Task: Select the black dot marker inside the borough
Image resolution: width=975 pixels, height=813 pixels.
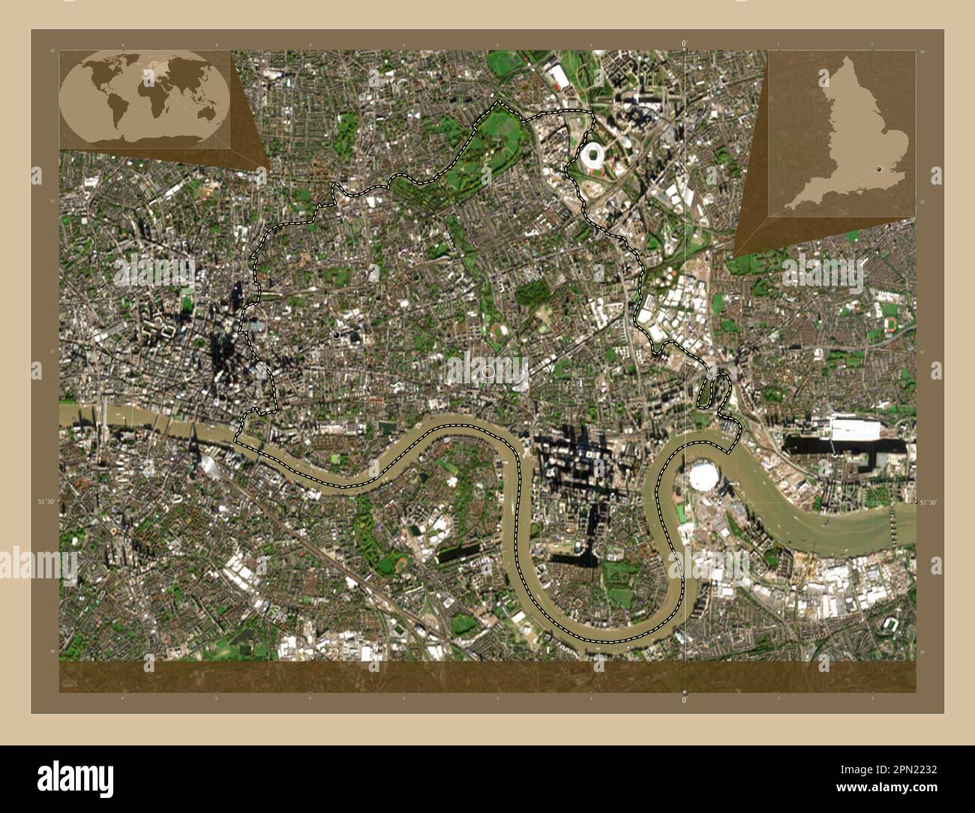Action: click(337, 334)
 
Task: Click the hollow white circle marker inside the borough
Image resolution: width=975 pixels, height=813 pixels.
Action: click(489, 370)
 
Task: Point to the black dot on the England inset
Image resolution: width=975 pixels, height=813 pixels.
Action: click(878, 170)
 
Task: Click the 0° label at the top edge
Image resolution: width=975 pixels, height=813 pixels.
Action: click(684, 43)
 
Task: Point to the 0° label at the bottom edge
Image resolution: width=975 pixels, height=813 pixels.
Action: click(684, 699)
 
